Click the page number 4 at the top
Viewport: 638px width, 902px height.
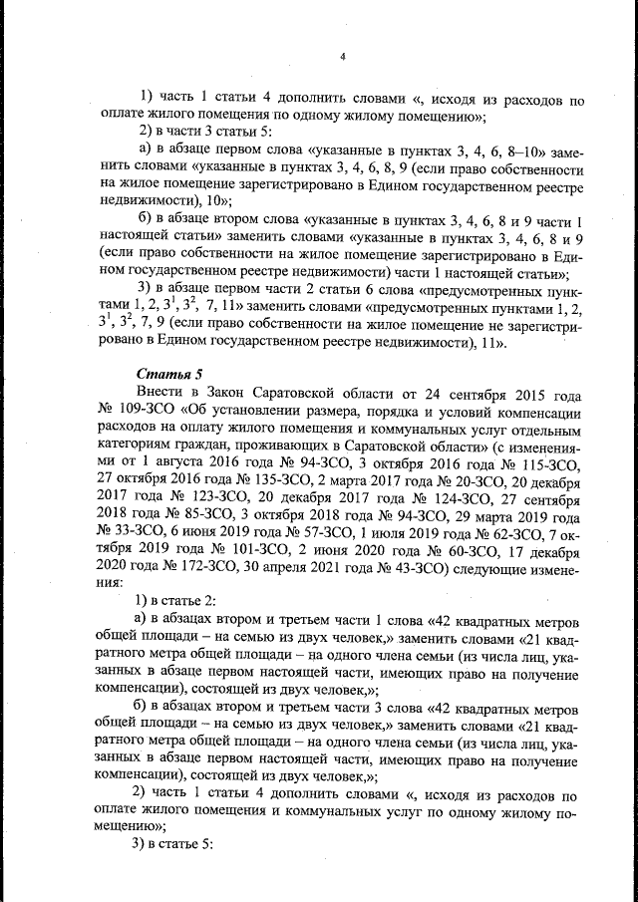341,56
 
